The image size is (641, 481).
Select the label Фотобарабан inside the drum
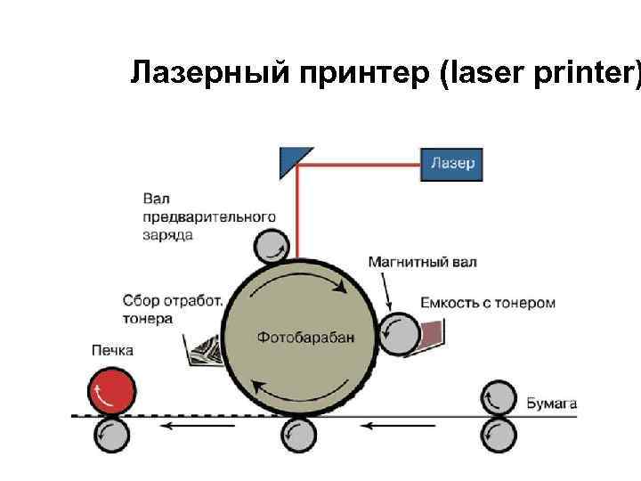[305, 337]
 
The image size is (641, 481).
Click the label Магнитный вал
[422, 262]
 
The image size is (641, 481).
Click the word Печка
[111, 350]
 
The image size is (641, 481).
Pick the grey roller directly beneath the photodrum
[297, 436]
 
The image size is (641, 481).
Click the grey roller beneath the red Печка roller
[112, 436]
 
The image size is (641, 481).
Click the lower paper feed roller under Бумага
[499, 436]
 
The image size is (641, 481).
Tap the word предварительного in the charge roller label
[208, 216]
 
